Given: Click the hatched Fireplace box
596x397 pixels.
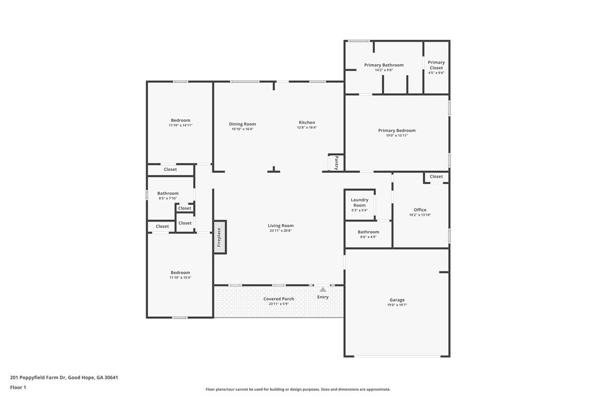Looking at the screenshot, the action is (220, 237).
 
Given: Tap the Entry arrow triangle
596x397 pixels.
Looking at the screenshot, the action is (323, 290).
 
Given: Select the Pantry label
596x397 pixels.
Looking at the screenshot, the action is (336, 163).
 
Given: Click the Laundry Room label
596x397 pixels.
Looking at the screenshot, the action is (359, 202).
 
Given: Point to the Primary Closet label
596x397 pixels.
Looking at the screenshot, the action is (436, 65).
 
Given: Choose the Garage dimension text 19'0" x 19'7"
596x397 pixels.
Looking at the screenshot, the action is (397, 305).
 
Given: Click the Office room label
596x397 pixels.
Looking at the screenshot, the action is (420, 209).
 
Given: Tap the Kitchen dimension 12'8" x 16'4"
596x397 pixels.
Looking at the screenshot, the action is (307, 127).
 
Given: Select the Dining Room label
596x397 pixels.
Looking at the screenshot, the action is (243, 124).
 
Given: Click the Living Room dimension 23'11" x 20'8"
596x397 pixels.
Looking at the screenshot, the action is (281, 230).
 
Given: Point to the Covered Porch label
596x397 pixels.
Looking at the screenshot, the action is (279, 299).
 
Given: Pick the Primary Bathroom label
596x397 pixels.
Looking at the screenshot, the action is (384, 65).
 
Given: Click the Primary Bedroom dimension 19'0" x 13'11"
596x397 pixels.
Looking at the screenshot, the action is (397, 135).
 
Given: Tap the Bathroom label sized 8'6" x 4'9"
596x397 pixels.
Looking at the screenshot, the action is (368, 232).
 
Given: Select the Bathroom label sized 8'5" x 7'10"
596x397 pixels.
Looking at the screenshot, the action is (168, 193).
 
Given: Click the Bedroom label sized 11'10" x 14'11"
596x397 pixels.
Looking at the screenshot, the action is (181, 120).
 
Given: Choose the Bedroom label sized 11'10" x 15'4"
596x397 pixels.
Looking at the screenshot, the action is (180, 273).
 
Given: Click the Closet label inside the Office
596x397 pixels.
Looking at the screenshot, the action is (436, 176).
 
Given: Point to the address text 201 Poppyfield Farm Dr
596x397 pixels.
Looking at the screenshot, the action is (38, 377).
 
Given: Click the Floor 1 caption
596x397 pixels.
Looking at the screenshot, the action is (18, 387).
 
